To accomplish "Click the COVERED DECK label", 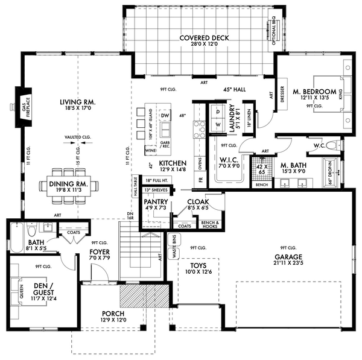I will tap(205, 38).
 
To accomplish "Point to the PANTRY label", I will tap(155, 202).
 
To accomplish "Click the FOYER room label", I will tap(98, 252).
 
